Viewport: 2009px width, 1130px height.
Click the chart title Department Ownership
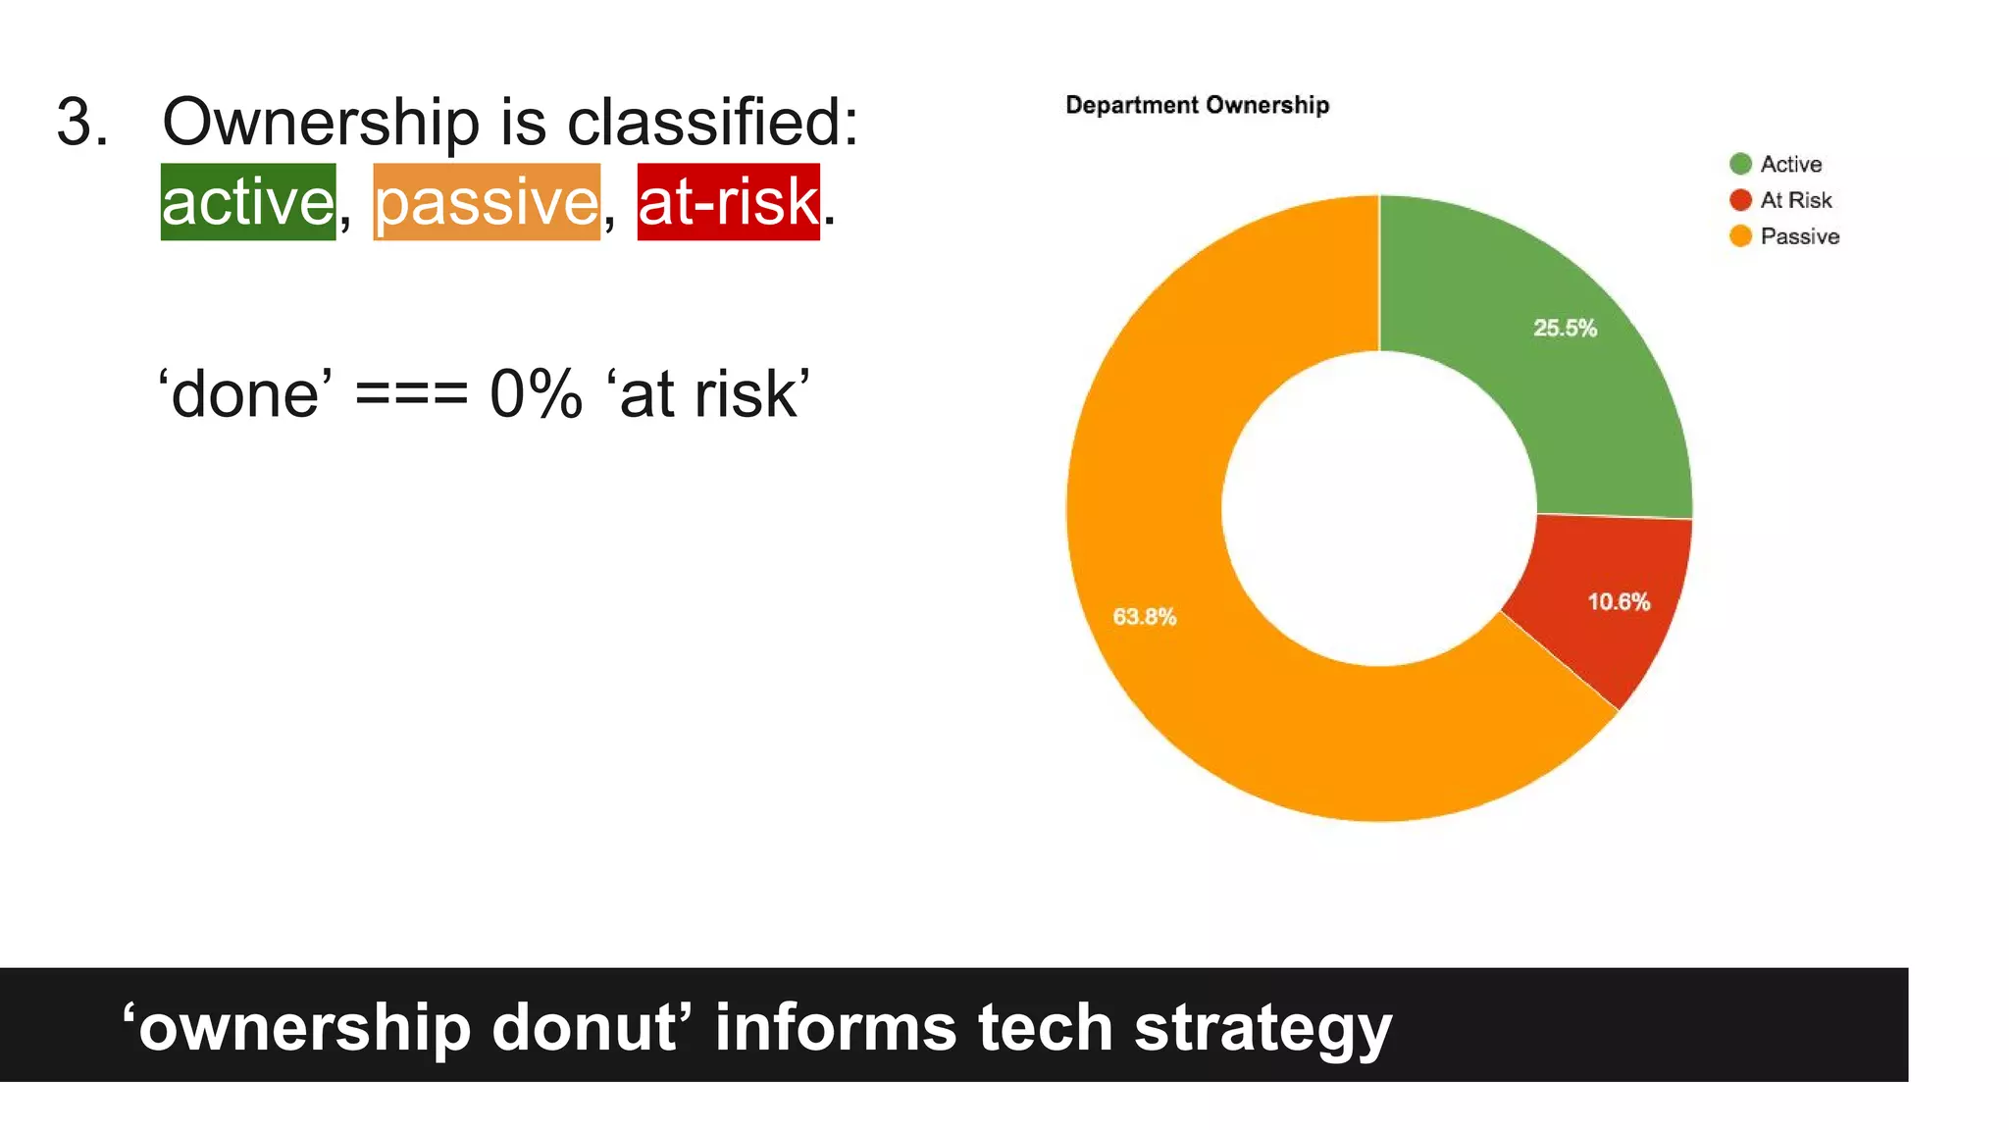click(x=1197, y=105)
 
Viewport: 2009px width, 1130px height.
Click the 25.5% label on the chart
click(x=1565, y=329)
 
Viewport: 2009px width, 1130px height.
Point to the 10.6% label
click(x=1619, y=602)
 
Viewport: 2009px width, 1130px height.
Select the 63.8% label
click(x=1144, y=617)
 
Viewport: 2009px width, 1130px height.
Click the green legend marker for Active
click(x=1740, y=164)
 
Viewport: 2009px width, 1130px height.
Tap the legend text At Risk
click(x=1795, y=200)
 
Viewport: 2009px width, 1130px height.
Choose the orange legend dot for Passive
click(x=1740, y=236)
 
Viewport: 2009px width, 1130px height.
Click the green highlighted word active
click(x=248, y=202)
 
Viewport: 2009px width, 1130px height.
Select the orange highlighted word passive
click(x=487, y=202)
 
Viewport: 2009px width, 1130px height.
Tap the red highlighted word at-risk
click(x=728, y=202)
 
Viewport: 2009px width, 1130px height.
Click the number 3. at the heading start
click(x=81, y=123)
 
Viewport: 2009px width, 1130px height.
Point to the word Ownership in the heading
click(x=320, y=123)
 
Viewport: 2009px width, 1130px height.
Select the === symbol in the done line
click(x=411, y=395)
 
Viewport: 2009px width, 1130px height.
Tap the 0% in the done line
click(x=536, y=395)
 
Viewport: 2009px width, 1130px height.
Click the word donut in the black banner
click(x=585, y=1027)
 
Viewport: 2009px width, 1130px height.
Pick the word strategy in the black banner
click(x=1262, y=1027)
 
